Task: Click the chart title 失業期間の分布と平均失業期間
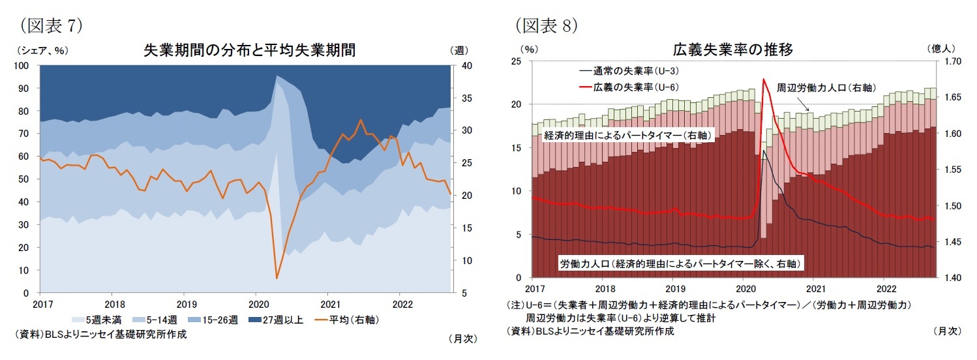pyautogui.click(x=249, y=51)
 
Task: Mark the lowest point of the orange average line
pyautogui.click(x=277, y=278)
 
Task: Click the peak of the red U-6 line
pyautogui.click(x=762, y=80)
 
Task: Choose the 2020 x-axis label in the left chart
pyautogui.click(x=258, y=304)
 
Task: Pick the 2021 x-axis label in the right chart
pyautogui.click(x=815, y=288)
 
